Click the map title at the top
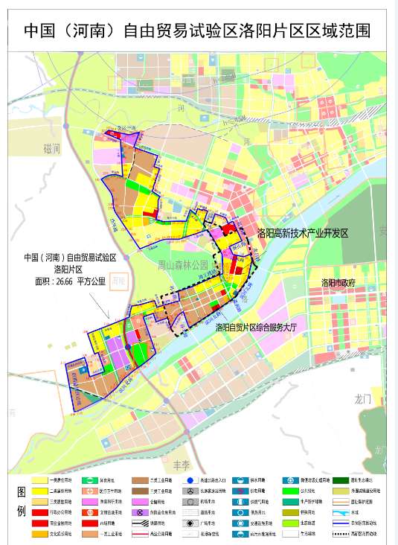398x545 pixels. [x=198, y=31]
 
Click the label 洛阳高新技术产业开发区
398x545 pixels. [x=303, y=233]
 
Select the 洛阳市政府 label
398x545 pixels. [x=338, y=283]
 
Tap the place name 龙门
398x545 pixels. [x=363, y=399]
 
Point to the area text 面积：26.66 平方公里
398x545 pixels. [x=71, y=282]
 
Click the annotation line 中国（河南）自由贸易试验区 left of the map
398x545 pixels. [x=71, y=258]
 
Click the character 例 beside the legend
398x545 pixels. [x=20, y=514]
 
